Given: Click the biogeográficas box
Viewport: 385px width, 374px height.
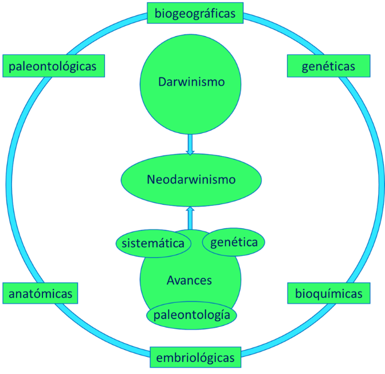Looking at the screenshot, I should tap(195, 13).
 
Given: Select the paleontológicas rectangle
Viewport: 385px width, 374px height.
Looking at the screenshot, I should tap(56, 67).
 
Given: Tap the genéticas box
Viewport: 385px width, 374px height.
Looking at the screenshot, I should tap(328, 67).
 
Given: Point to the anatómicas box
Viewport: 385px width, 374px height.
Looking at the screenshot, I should tap(40, 294).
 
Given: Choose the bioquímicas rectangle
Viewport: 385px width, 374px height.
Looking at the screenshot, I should tap(328, 294).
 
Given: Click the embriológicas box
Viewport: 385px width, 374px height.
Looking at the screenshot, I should tap(195, 357).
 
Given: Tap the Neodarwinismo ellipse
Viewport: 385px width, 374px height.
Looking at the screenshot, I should tap(191, 180).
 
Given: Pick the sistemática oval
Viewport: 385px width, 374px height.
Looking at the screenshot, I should tap(153, 243).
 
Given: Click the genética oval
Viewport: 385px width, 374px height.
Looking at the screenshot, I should tap(234, 242).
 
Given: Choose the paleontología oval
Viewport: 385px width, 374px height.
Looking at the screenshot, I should tap(192, 315).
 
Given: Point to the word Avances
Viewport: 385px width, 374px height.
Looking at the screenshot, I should tap(189, 280).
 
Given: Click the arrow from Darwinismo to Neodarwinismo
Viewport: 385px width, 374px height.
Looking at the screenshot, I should tap(191, 143).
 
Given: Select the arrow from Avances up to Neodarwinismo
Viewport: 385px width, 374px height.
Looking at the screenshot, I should tap(191, 217).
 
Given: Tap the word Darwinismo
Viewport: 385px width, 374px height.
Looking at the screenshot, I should tap(191, 82).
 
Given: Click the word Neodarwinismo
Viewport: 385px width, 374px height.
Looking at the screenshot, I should tap(191, 180).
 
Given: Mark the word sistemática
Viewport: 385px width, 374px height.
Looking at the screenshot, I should tap(153, 243).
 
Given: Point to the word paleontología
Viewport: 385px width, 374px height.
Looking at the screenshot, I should tap(192, 315).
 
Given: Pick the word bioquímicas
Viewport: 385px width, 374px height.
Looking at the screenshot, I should tap(328, 294).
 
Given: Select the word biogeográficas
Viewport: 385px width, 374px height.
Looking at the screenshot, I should tap(195, 13).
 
